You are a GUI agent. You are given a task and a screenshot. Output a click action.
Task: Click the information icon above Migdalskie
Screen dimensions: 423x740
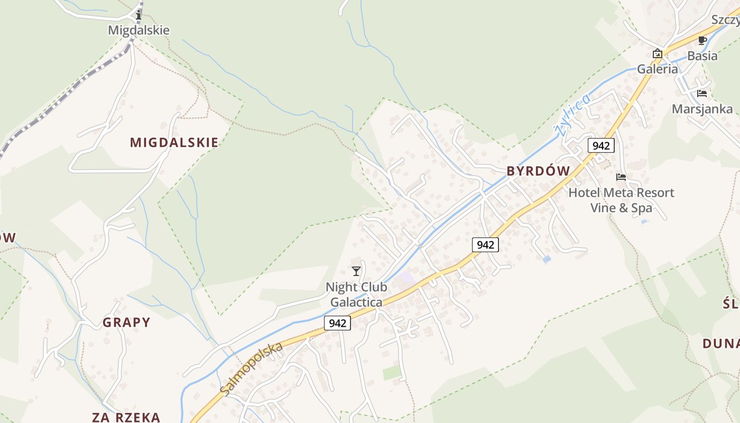[138, 15]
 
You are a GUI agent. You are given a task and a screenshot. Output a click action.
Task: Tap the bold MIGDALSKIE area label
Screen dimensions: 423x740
[174, 142]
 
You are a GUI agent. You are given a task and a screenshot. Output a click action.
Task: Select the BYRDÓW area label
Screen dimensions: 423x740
[538, 171]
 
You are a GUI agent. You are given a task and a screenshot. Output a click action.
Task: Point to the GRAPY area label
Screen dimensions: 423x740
[126, 322]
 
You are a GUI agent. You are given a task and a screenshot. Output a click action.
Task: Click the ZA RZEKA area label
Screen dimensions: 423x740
[126, 417]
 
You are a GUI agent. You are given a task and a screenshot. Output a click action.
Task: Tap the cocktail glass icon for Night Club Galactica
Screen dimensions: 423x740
[356, 271]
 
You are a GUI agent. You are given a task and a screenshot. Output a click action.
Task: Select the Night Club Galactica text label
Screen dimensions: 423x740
[356, 295]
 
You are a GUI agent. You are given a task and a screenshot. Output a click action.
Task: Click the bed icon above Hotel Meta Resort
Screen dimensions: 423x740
[621, 177]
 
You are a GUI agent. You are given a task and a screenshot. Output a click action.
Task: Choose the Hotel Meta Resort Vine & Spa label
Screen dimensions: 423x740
[621, 200]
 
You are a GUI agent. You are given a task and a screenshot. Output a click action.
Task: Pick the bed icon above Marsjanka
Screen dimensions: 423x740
[702, 94]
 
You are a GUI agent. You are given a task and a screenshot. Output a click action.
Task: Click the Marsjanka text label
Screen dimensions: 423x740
[702, 109]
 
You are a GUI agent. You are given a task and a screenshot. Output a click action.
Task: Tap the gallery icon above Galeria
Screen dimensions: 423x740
[657, 53]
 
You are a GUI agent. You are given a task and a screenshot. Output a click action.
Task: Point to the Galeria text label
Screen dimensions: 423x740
[657, 69]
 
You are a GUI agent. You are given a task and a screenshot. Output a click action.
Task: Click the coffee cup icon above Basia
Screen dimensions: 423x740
[702, 41]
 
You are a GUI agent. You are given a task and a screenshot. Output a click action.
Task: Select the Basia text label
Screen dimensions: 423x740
[702, 56]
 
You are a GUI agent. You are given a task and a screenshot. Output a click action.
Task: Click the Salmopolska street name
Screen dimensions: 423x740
[252, 369]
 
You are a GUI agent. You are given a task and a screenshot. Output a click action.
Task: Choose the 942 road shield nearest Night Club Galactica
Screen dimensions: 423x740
[337, 323]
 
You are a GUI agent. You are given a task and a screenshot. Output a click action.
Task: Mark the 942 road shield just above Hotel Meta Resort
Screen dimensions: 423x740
[601, 145]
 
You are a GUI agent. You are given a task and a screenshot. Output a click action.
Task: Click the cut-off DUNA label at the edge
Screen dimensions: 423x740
[721, 344]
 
